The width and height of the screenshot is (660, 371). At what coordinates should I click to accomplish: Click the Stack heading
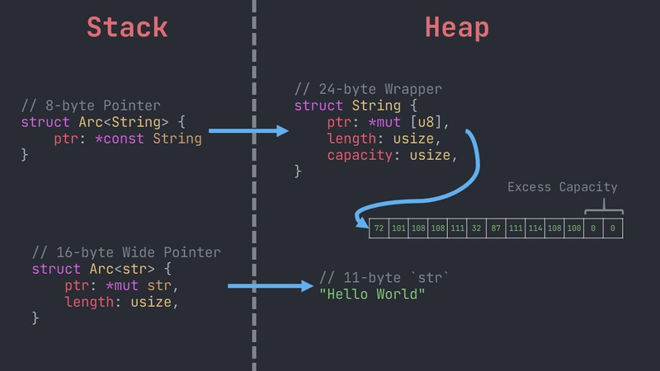pyautogui.click(x=127, y=27)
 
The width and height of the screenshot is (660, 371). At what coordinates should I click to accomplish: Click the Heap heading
pyautogui.click(x=456, y=27)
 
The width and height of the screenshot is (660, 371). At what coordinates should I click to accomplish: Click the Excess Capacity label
pyautogui.click(x=562, y=187)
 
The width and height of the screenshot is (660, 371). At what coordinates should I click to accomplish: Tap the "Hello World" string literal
pyautogui.click(x=372, y=294)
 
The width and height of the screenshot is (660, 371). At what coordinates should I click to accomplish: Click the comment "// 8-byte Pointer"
pyautogui.click(x=91, y=106)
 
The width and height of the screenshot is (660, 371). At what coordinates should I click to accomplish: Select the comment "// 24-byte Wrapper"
pyautogui.click(x=368, y=89)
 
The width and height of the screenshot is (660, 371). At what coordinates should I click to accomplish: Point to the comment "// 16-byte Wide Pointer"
pyautogui.click(x=126, y=252)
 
